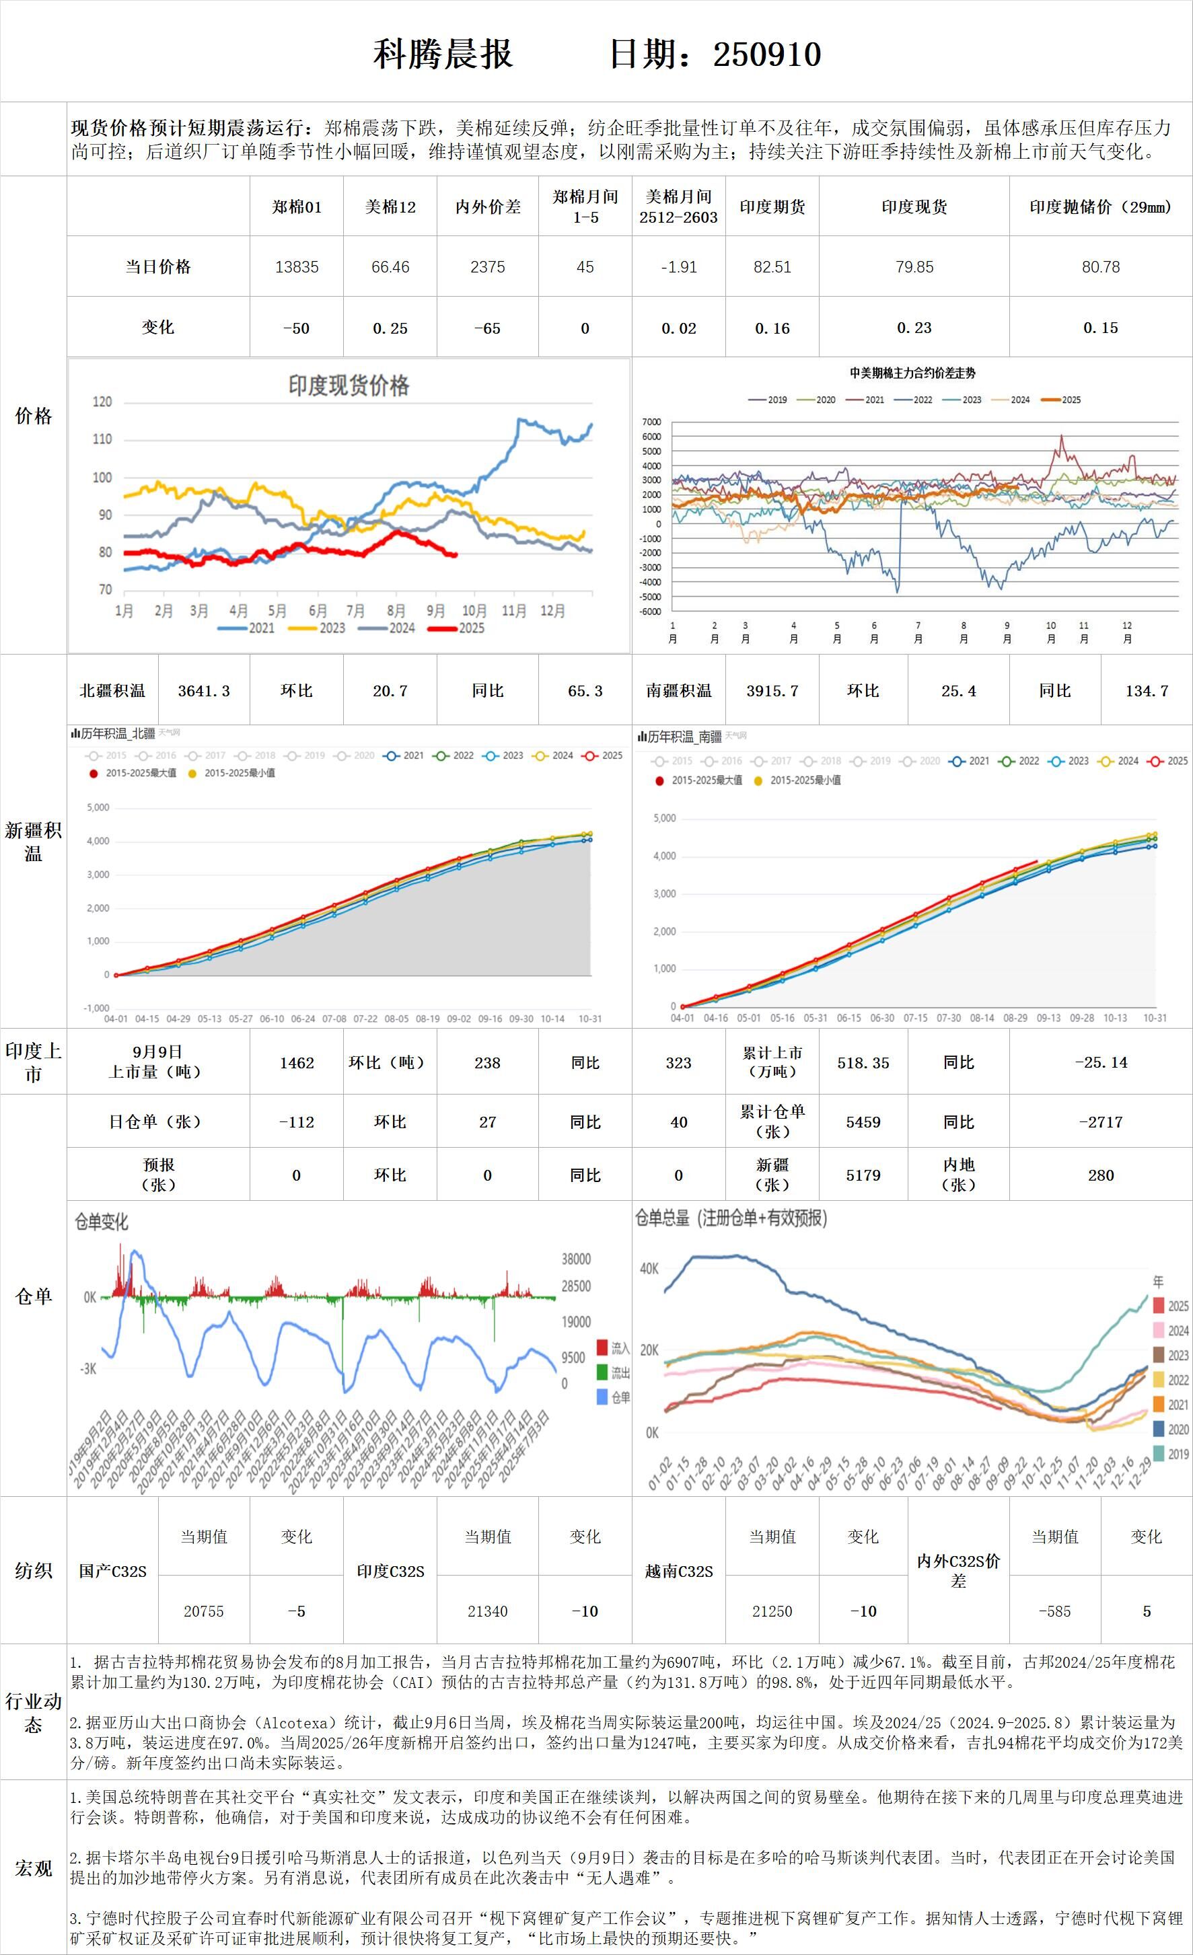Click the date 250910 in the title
(x=767, y=54)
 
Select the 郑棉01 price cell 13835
(x=297, y=267)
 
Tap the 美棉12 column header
(x=390, y=207)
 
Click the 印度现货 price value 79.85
(x=914, y=267)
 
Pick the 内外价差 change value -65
(x=487, y=328)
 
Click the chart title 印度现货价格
(x=349, y=386)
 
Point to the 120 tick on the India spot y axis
(x=102, y=402)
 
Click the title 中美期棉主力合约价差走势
(x=913, y=373)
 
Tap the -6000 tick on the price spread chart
(x=651, y=612)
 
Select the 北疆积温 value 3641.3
(x=204, y=691)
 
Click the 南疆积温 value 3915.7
(x=772, y=691)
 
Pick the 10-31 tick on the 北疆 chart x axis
(x=589, y=1019)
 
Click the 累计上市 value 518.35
(x=863, y=1063)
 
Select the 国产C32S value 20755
(x=204, y=1611)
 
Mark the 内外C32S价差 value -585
(x=1055, y=1611)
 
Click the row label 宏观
(x=34, y=1868)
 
